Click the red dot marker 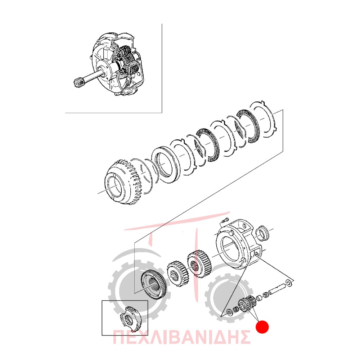click(262, 327)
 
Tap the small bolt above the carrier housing click(225, 220)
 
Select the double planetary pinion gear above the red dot click(248, 303)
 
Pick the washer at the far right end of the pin click(289, 283)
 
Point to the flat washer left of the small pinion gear click(229, 312)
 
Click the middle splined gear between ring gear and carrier click(178, 273)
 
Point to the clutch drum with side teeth click(124, 182)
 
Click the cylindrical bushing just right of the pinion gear click(259, 298)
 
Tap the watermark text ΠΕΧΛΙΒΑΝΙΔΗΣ click(181, 337)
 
